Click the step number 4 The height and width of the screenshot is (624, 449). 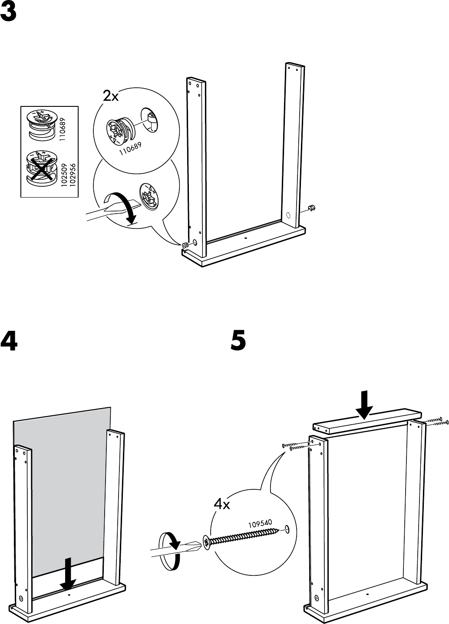(x=9, y=341)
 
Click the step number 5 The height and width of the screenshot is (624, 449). (x=238, y=341)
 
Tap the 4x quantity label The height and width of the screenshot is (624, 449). (x=221, y=505)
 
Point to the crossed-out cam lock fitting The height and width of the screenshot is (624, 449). (x=42, y=167)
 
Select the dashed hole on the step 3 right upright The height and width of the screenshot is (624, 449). (x=287, y=215)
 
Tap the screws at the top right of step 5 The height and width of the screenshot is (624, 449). (x=434, y=421)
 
